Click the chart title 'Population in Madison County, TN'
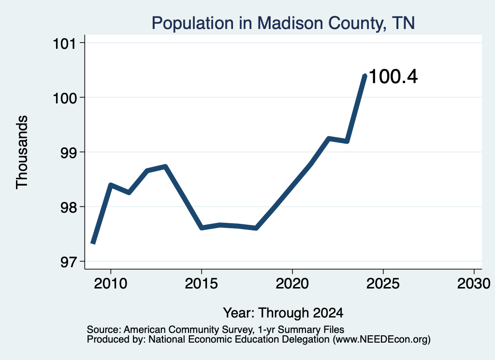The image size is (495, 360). coord(283,23)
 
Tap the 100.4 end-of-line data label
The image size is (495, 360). coord(393,77)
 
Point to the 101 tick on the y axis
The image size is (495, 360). coord(65,43)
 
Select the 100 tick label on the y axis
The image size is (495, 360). coord(65,98)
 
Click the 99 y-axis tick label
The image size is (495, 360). coord(69,152)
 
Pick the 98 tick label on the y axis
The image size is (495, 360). coord(69,207)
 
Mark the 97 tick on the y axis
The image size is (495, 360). coord(69,262)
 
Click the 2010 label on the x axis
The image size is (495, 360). coord(111,283)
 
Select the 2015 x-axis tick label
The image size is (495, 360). coord(202,283)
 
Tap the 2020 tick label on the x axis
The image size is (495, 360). coord(292,283)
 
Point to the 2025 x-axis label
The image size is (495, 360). coord(383,283)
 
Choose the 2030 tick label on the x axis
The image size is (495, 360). coord(474,283)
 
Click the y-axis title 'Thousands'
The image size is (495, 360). coord(22,152)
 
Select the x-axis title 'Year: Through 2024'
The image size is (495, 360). coord(283,313)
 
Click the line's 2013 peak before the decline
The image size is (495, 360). coord(165,166)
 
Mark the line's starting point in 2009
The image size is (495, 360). coord(93,243)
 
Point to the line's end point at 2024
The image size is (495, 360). coord(365,75)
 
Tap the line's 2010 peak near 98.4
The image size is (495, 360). coord(111,185)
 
